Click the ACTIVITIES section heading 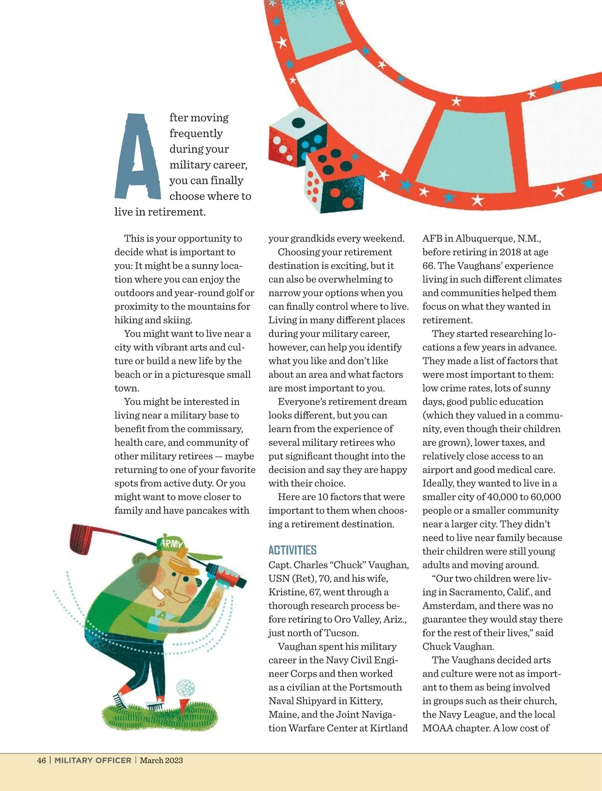[x=292, y=550]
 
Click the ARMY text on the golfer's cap [x=172, y=543]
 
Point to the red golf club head [x=80, y=539]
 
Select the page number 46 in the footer [x=42, y=760]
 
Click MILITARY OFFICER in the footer [x=93, y=760]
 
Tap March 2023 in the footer [x=162, y=760]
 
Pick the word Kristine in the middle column [x=286, y=592]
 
